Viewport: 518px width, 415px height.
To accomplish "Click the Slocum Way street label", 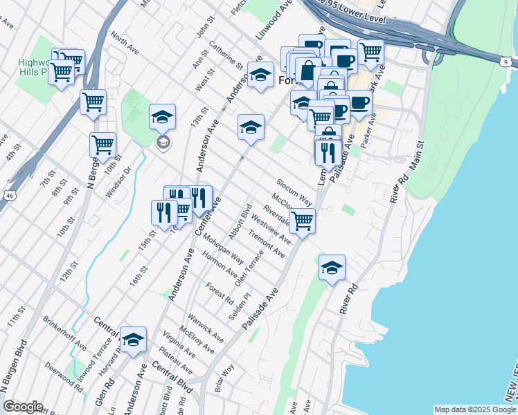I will [294, 191].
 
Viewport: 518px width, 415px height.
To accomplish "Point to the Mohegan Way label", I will [224, 252].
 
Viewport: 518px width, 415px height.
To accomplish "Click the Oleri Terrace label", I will [249, 269].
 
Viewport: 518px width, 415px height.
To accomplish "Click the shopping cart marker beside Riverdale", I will [302, 221].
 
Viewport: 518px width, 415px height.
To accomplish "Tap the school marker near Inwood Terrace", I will [134, 340].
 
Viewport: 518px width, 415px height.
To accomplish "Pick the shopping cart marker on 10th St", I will [102, 145].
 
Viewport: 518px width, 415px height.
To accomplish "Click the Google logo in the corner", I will [22, 407].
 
